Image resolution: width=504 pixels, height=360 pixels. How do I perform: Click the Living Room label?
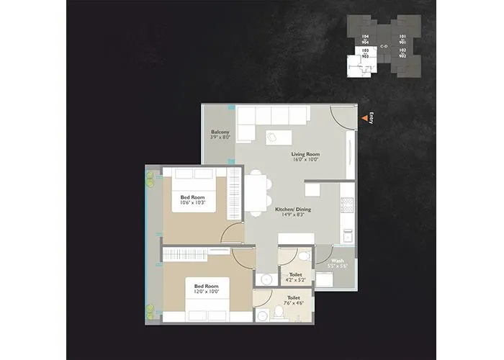click(305, 154)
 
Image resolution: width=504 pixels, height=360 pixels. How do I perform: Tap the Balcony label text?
click(220, 132)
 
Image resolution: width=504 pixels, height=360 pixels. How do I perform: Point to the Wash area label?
click(337, 261)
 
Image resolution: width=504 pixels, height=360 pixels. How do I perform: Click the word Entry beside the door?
click(370, 117)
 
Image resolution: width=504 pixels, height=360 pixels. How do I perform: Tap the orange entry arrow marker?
click(362, 117)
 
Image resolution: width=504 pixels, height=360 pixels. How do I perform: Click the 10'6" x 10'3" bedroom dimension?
click(193, 203)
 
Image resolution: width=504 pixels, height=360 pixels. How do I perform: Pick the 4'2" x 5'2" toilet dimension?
click(295, 280)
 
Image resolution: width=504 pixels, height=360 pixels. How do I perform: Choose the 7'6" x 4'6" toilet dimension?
click(294, 302)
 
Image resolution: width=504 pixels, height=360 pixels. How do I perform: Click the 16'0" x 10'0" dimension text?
click(305, 161)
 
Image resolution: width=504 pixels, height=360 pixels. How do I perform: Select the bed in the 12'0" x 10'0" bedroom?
click(204, 296)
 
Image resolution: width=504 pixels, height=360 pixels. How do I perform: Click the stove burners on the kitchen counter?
click(347, 204)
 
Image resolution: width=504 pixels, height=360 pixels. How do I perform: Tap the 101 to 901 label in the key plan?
click(402, 39)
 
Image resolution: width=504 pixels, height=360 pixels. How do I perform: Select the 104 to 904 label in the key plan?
click(365, 39)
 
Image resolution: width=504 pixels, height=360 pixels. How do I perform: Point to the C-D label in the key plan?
click(384, 47)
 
